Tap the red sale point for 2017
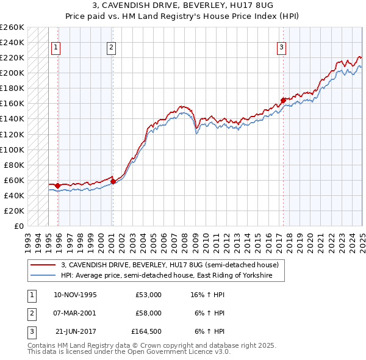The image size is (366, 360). click(283, 100)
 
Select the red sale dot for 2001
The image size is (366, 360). click(113, 181)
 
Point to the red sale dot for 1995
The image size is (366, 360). click(57, 185)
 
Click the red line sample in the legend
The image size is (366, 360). click(43, 265)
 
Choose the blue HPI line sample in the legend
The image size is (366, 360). click(43, 275)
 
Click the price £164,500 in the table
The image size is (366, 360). click(146, 331)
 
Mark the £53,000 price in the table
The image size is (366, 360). click(148, 295)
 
